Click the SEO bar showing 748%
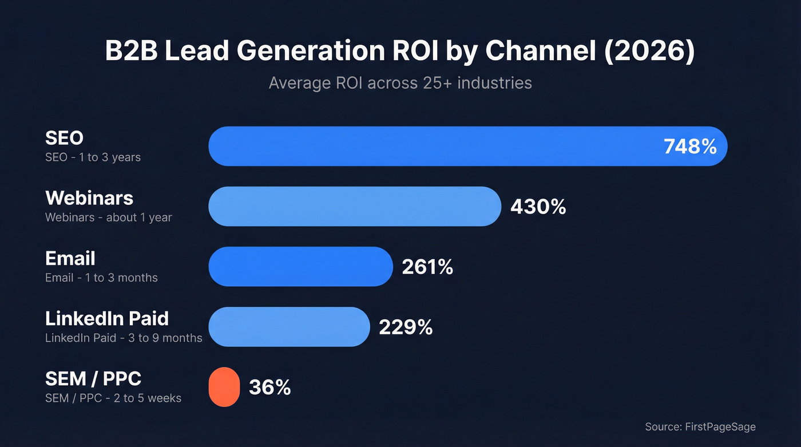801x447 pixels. (x=435, y=146)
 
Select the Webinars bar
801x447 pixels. (x=355, y=206)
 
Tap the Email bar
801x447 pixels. (x=300, y=266)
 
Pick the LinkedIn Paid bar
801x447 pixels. (x=289, y=327)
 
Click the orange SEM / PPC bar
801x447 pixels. (x=224, y=387)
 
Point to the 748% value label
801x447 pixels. (x=690, y=147)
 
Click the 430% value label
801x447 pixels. (x=538, y=207)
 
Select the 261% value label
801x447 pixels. (x=427, y=267)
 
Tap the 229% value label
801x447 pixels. (x=406, y=327)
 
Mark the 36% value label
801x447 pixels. (x=269, y=387)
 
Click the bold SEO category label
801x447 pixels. (x=64, y=138)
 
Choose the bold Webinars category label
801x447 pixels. (x=89, y=198)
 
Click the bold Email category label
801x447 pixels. (x=70, y=258)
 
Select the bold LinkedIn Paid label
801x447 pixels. (x=107, y=318)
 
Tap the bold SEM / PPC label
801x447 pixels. (x=93, y=378)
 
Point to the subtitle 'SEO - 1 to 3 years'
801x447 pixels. (x=93, y=157)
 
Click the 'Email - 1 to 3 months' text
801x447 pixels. (x=101, y=278)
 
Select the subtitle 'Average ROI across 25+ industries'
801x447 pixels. (x=400, y=83)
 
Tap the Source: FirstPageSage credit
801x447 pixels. (x=700, y=426)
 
